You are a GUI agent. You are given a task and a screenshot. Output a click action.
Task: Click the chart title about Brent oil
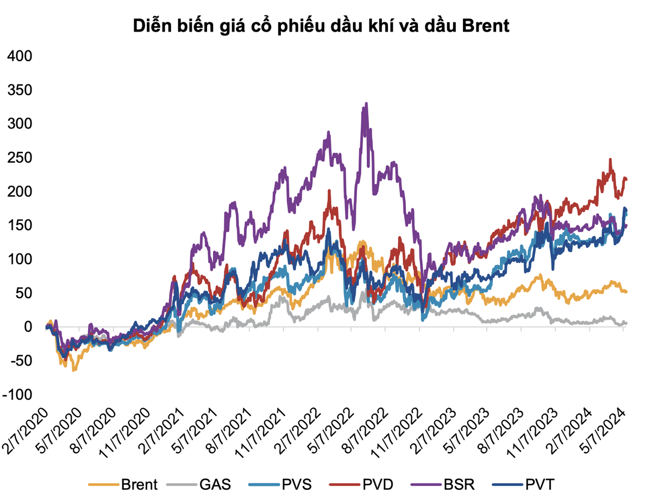(x=322, y=26)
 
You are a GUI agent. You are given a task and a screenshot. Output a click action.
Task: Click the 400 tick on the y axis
(x=20, y=56)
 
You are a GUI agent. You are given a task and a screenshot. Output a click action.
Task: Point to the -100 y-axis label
(x=18, y=394)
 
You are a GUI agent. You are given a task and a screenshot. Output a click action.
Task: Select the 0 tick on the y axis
(x=28, y=327)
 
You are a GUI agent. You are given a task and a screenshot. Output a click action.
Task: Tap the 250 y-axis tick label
(x=20, y=158)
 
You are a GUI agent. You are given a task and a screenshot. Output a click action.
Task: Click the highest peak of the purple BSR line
(x=366, y=103)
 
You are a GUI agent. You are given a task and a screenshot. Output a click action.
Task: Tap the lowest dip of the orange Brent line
(x=74, y=370)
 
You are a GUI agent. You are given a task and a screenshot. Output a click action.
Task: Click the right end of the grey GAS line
(x=626, y=323)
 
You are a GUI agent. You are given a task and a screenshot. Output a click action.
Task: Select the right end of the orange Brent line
(x=626, y=292)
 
